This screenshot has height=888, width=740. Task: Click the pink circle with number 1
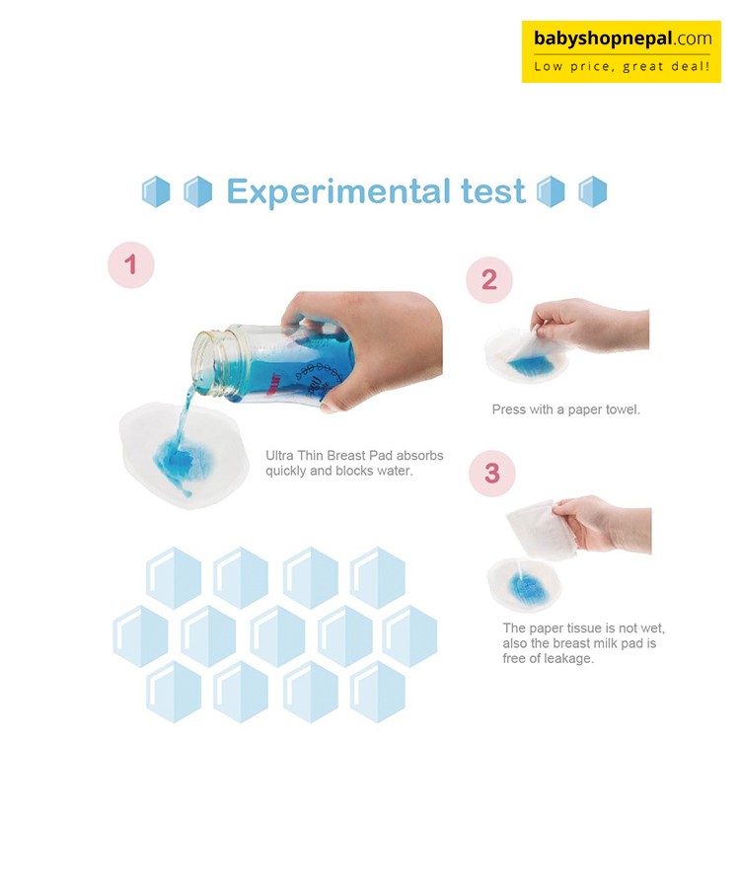[x=131, y=264]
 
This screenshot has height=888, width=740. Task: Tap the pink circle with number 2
[x=489, y=280]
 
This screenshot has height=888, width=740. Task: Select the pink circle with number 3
[x=492, y=474]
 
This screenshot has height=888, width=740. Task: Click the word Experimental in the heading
[x=338, y=192]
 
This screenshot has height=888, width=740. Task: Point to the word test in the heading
[x=493, y=191]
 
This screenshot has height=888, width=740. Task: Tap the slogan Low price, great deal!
[x=622, y=67]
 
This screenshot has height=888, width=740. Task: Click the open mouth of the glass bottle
[x=208, y=362]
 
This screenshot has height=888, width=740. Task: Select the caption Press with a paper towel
[x=565, y=409]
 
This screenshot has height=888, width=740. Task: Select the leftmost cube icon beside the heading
[x=156, y=192]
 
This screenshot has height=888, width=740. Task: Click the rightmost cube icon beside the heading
[x=593, y=192]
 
